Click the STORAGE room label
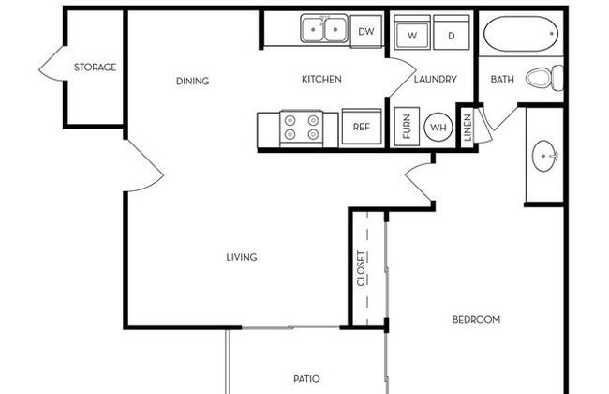[x=96, y=68]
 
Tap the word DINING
[x=193, y=81]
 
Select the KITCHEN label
[x=321, y=79]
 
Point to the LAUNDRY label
[x=435, y=79]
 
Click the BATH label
[x=502, y=79]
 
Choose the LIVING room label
[x=242, y=257]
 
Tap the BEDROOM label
[x=476, y=319]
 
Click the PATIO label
[x=306, y=378]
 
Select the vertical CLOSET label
[x=362, y=268]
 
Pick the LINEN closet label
[x=468, y=128]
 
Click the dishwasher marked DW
[x=365, y=32]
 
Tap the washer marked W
[x=412, y=32]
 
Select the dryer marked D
[x=452, y=32]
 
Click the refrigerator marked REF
[x=362, y=127]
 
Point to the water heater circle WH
[x=438, y=127]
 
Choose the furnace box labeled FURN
[x=407, y=127]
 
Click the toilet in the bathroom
[x=544, y=78]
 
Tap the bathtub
[x=521, y=34]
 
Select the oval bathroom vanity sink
[x=545, y=156]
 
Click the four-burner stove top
[x=302, y=128]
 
